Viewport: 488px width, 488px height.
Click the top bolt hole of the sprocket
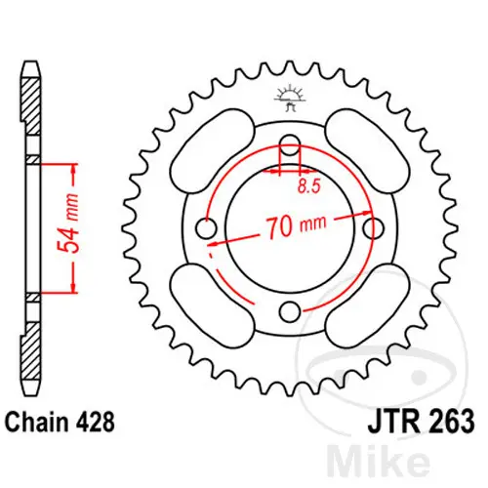tap(290, 145)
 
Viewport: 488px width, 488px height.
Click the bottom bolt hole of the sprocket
tap(289, 311)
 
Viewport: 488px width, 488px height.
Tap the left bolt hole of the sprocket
tap(206, 228)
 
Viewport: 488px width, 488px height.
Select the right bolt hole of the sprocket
tap(373, 228)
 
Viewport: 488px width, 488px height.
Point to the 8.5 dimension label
tap(309, 186)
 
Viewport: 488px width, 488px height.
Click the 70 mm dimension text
tap(296, 225)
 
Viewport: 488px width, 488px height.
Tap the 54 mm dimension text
tap(68, 224)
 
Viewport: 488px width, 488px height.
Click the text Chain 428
tap(60, 422)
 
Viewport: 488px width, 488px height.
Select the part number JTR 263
tap(421, 422)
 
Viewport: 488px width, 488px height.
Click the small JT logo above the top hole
tap(290, 98)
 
